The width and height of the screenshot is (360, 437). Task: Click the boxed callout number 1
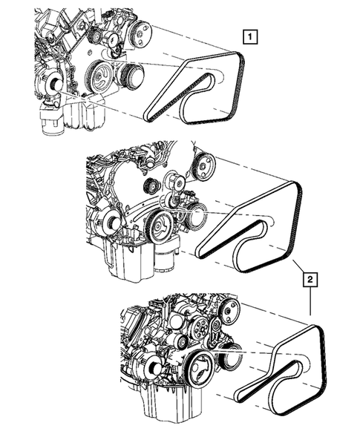pyautogui.click(x=253, y=35)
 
